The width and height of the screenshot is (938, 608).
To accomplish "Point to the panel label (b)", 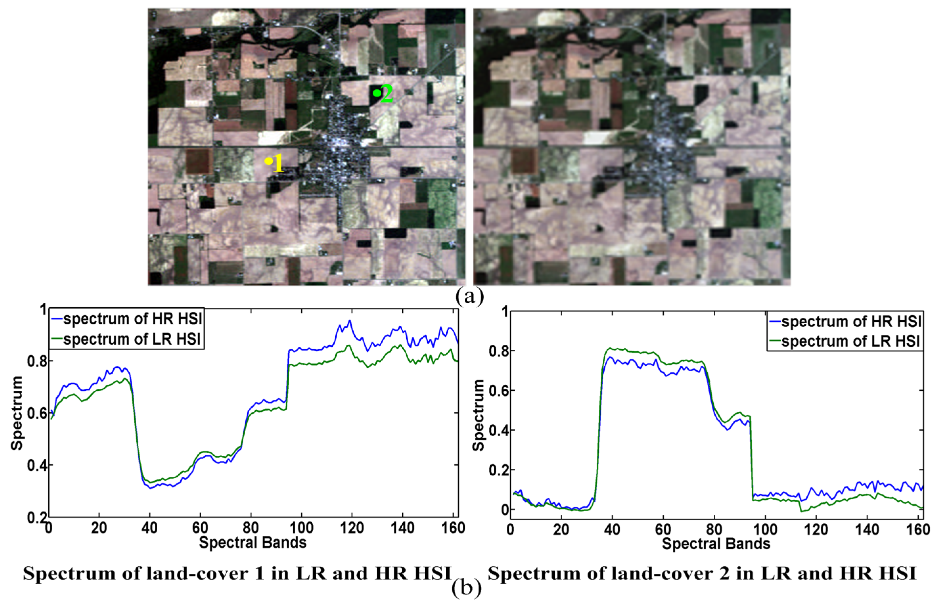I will (467, 588).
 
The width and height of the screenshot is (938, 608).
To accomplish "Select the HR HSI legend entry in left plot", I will (132, 319).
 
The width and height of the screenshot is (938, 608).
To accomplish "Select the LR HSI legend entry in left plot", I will (132, 339).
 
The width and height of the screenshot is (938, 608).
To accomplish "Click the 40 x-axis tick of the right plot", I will (612, 529).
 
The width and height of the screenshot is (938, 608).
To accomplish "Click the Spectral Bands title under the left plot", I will (253, 543).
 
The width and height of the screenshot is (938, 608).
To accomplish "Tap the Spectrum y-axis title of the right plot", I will (479, 415).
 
